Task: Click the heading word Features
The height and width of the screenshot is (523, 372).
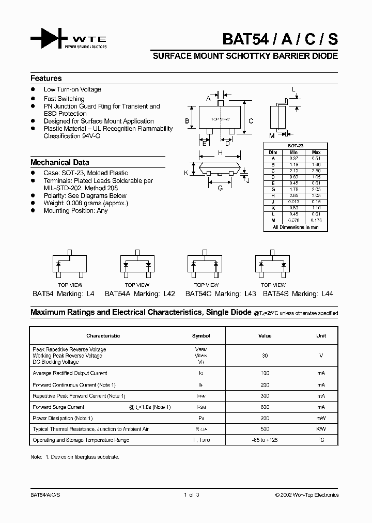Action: (x=46, y=79)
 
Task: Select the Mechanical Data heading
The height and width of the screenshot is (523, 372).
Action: (x=59, y=162)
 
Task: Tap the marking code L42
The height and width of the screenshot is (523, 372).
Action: (x=169, y=294)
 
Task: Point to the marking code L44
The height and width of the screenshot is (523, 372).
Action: (x=327, y=294)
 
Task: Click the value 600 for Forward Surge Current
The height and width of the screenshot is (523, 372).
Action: (x=265, y=407)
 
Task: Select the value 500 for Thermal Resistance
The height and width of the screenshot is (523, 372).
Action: (x=265, y=429)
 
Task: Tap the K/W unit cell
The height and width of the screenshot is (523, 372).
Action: (x=321, y=429)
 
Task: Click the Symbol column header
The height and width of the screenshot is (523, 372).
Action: (x=201, y=336)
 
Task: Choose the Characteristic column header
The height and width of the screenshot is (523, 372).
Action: (x=103, y=336)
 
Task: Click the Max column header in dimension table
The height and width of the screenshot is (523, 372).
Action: (x=316, y=152)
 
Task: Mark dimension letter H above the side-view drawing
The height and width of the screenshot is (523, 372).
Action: (x=220, y=153)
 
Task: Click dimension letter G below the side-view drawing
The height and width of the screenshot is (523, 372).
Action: (x=220, y=188)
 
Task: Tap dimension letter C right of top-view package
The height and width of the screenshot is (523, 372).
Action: (x=251, y=121)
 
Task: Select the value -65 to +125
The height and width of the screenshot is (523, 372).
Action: (x=265, y=440)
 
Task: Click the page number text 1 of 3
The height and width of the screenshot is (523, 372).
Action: (x=191, y=495)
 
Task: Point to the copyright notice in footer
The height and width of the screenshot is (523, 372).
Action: (x=307, y=495)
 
